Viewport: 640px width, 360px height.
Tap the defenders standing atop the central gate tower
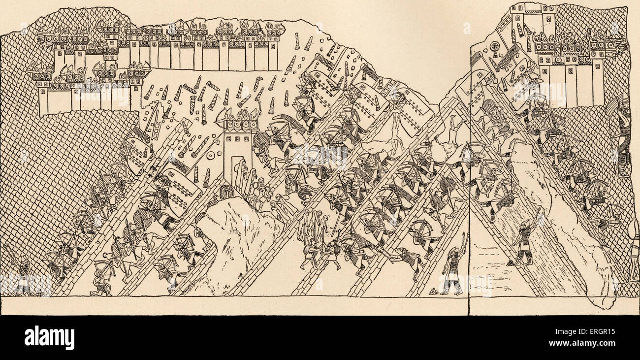tap(241, 115)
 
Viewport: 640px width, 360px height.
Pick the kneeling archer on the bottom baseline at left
tap(101, 281)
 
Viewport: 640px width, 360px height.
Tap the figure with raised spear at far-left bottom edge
tap(22, 276)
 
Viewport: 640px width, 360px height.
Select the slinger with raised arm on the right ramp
tap(524, 241)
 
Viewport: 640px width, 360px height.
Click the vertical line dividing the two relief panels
tap(469, 197)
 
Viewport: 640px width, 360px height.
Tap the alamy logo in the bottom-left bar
tap(49, 338)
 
